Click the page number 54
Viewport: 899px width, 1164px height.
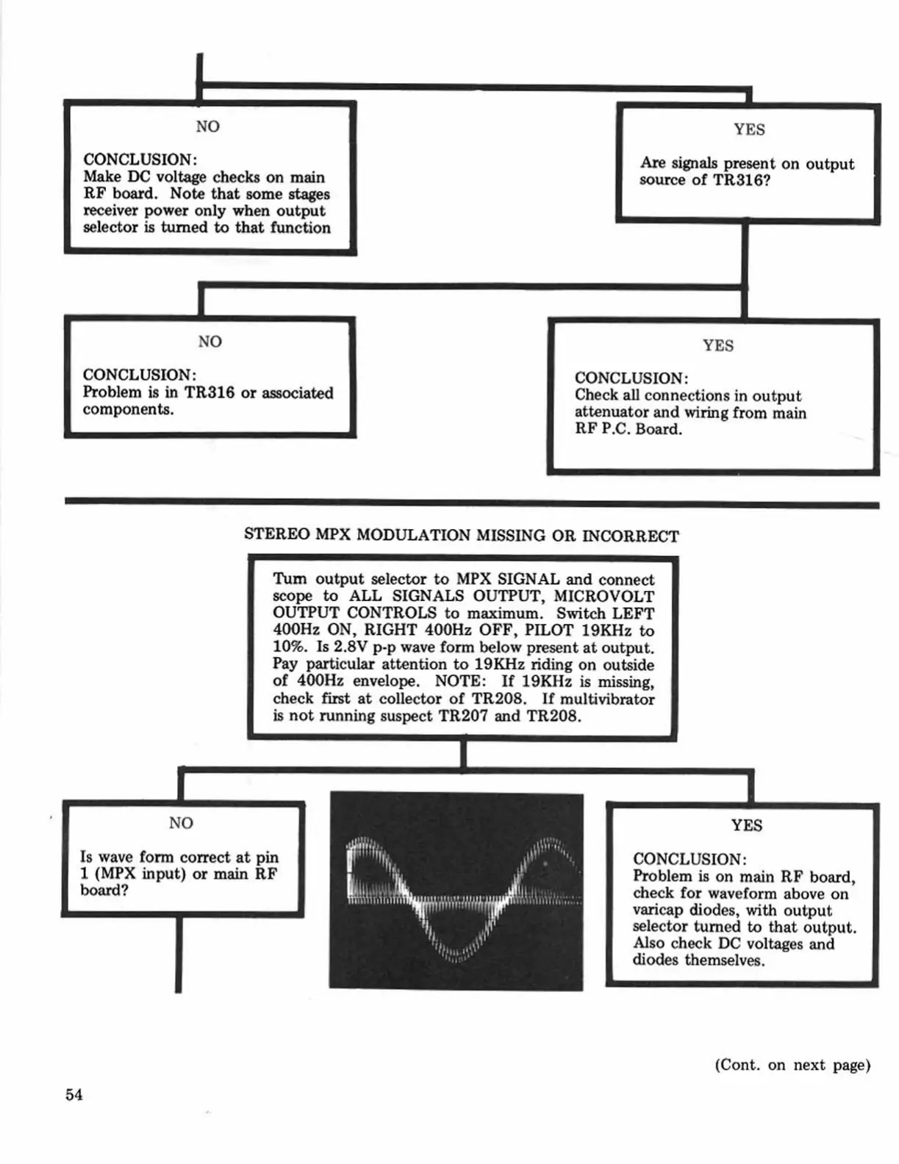[x=74, y=1094]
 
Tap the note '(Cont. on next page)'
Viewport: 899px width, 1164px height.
[x=792, y=1065]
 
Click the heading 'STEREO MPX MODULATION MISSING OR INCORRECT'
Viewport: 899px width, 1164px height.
[x=461, y=534]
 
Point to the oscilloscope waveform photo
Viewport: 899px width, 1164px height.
[x=456, y=891]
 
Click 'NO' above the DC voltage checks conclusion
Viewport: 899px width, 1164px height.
[x=207, y=126]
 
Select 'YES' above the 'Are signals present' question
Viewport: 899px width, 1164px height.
[x=748, y=129]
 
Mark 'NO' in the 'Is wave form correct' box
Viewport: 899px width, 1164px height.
[x=181, y=822]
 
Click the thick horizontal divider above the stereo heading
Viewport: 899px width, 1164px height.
[x=471, y=503]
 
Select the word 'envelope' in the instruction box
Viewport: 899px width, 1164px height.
[x=385, y=681]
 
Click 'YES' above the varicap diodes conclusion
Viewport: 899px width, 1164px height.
[x=746, y=825]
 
